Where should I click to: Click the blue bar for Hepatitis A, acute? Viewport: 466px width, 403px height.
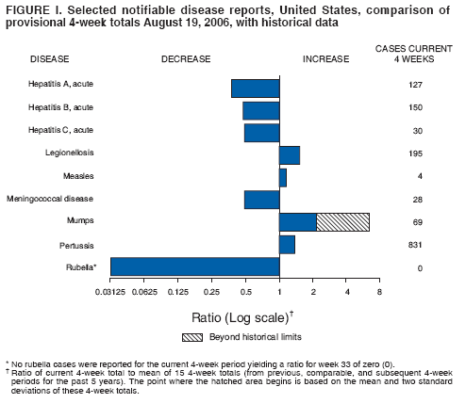(255, 88)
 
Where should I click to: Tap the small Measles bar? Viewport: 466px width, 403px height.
(283, 177)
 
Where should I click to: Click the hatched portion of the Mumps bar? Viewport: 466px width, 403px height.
(342, 222)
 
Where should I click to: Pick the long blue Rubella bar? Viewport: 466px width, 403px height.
(194, 266)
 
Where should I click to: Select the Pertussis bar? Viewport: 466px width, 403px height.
(287, 245)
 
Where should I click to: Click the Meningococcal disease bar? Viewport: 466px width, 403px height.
(261, 200)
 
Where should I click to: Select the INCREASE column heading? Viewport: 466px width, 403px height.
(325, 58)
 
